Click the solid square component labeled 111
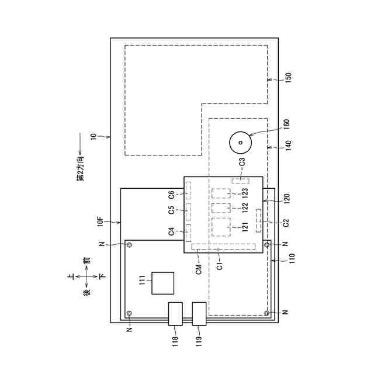click(x=163, y=283)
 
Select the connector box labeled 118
click(x=175, y=314)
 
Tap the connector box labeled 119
click(x=199, y=314)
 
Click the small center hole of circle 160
click(x=240, y=143)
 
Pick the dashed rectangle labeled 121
click(x=221, y=227)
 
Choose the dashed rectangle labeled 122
click(x=221, y=208)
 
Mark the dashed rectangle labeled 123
click(x=221, y=193)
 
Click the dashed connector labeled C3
click(x=240, y=181)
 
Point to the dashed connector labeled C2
click(x=258, y=220)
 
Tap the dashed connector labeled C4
click(x=188, y=233)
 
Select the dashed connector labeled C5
click(x=188, y=212)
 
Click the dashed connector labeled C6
click(x=188, y=191)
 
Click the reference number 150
click(x=288, y=78)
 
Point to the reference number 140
click(x=288, y=146)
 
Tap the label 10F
click(x=101, y=221)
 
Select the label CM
click(x=199, y=269)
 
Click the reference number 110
click(x=292, y=258)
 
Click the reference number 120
click(x=286, y=199)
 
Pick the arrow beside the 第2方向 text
click(x=80, y=144)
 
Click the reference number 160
click(x=286, y=124)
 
